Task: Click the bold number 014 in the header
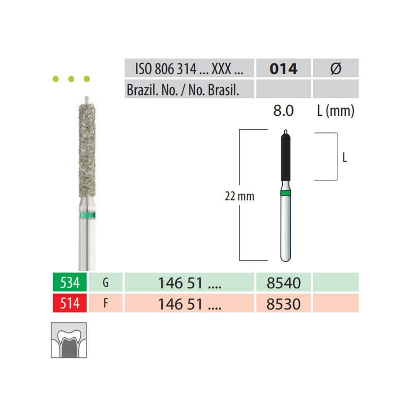[284, 69]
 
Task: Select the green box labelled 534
[67, 283]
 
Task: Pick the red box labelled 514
[67, 303]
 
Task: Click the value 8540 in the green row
[284, 283]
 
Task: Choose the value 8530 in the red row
[284, 303]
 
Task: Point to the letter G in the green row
[106, 283]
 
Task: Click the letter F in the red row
[106, 303]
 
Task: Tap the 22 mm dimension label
[239, 196]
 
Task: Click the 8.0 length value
[283, 111]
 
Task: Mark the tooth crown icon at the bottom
[68, 340]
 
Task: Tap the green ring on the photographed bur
[85, 215]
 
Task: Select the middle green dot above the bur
[72, 79]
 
